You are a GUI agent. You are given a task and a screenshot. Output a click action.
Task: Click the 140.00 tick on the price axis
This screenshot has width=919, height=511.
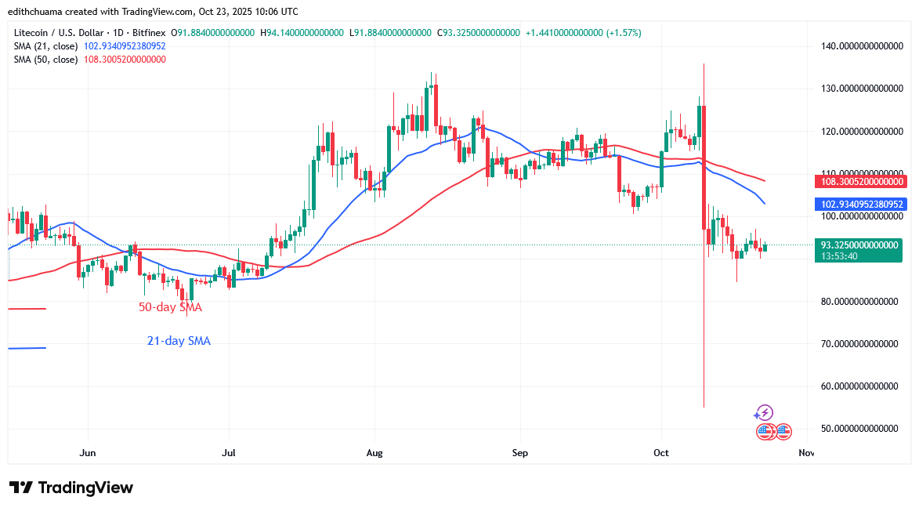857,45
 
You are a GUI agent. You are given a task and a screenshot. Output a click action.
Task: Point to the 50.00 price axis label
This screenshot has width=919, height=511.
857,429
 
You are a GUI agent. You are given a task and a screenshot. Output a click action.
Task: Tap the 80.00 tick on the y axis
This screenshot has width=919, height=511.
857,301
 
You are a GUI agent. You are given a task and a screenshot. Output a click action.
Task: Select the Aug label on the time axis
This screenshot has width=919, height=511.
374,453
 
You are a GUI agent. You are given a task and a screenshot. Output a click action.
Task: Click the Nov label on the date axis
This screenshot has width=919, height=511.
805,453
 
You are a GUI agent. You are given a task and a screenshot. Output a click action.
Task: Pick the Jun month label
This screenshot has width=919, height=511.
88,453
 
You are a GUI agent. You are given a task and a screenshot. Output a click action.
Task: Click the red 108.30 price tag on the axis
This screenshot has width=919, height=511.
858,182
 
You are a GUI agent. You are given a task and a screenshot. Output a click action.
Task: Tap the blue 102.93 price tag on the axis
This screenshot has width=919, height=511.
858,205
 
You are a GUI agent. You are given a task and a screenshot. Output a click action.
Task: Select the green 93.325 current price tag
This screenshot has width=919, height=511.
858,245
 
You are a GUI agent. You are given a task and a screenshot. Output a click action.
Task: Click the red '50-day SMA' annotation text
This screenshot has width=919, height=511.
170,308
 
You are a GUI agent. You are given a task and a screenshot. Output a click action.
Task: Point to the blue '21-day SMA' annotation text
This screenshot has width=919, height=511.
179,341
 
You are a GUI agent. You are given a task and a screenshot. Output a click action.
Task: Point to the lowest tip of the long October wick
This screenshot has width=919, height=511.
704,407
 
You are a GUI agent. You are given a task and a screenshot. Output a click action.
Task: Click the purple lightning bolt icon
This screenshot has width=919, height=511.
765,412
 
